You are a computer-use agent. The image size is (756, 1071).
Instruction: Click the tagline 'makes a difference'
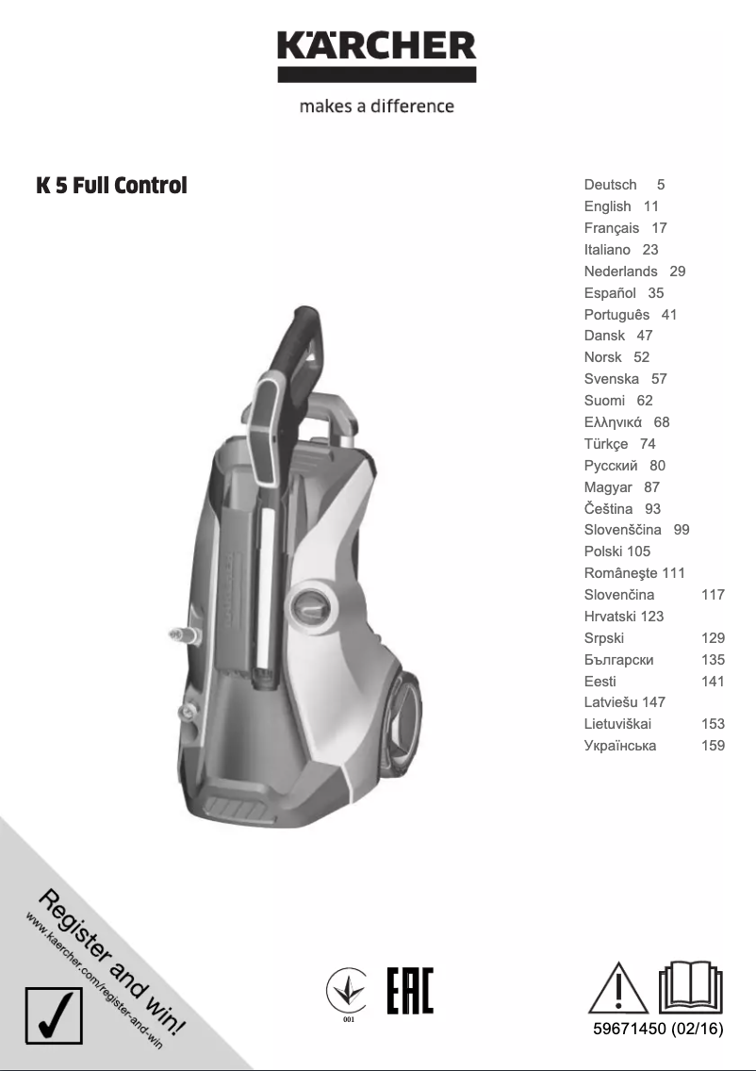[x=376, y=107]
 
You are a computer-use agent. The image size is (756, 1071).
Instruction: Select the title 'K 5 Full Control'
[x=111, y=186]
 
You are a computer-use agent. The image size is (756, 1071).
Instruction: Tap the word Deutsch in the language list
[x=610, y=185]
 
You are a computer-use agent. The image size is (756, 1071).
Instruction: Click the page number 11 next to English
[x=651, y=206]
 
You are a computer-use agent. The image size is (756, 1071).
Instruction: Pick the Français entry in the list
[x=611, y=228]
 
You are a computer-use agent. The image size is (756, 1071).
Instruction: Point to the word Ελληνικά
[x=613, y=422]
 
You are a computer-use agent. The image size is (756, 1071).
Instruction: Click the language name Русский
[x=610, y=466]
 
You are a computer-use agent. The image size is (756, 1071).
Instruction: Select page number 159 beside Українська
[x=713, y=746]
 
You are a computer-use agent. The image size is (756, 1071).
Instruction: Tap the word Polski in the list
[x=603, y=552]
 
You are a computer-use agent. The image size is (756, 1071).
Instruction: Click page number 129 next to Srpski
[x=713, y=638]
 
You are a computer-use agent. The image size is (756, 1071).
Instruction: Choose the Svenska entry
[x=611, y=379]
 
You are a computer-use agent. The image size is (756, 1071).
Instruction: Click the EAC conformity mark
[x=410, y=991]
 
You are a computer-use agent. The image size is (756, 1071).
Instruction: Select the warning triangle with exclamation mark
[x=618, y=988]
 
